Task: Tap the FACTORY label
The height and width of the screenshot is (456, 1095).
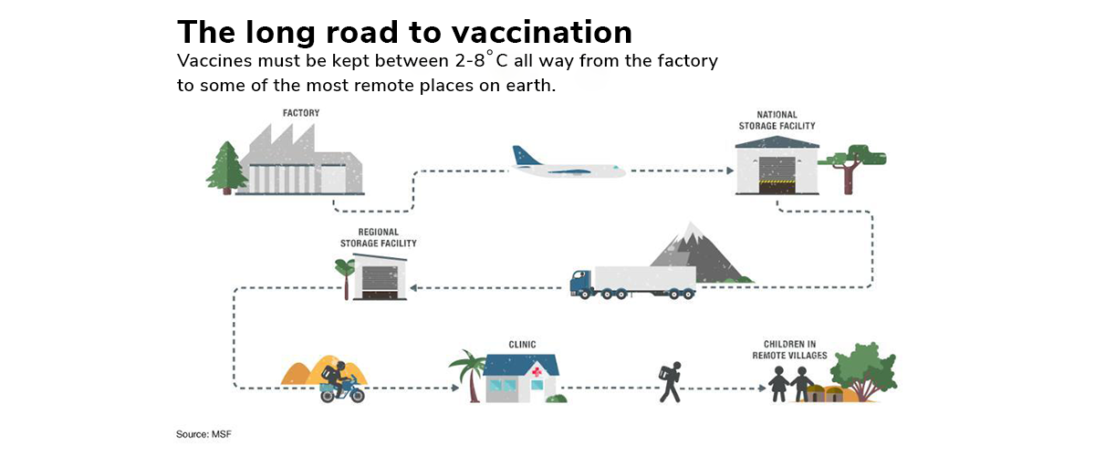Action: pos(301,113)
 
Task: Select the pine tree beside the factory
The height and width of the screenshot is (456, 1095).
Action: pos(227,168)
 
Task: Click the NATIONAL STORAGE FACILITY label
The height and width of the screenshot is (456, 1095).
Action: pos(777,120)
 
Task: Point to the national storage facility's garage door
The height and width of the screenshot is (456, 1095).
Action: pos(777,175)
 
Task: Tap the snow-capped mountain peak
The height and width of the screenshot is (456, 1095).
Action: pos(691,233)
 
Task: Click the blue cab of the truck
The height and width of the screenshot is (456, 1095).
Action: pos(582,283)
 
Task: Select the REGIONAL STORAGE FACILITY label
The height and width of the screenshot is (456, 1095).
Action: pos(379,237)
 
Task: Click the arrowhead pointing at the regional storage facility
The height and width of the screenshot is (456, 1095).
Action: pos(413,288)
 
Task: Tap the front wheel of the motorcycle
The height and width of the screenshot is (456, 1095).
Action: pos(357,394)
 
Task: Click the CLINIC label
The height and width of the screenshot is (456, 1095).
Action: pos(522,345)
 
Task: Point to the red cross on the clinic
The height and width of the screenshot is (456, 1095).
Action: pos(537,372)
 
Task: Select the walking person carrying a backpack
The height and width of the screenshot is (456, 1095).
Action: pos(670,382)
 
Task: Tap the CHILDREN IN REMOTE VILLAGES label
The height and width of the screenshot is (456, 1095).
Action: pos(789,350)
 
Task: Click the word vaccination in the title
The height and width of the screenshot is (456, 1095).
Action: pos(542,32)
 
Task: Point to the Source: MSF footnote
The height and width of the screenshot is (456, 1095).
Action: pos(203,434)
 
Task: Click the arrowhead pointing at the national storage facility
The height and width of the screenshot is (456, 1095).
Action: pos(730,171)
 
